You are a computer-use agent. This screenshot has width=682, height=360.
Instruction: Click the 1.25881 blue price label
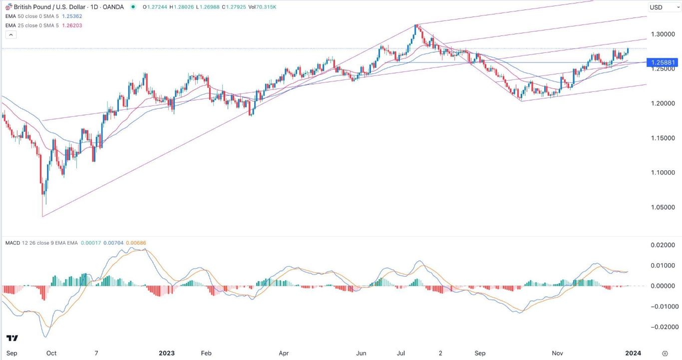pos(663,63)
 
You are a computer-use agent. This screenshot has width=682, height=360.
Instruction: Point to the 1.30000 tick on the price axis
pos(662,34)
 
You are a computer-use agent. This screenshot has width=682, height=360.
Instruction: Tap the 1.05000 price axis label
pos(662,207)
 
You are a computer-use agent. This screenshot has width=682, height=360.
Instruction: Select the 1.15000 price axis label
pos(662,138)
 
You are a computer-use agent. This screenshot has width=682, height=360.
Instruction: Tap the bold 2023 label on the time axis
pos(166,353)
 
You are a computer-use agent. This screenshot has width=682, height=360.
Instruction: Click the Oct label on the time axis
pos(51,353)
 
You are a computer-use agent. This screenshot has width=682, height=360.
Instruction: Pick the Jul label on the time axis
pos(401,353)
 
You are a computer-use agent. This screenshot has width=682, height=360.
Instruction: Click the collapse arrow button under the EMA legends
pos(11,34)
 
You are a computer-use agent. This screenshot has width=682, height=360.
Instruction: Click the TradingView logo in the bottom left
pos(12,338)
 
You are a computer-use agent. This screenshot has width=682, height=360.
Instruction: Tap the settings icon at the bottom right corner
pos(665,353)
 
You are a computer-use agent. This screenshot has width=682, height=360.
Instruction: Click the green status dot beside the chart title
pos(133,7)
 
